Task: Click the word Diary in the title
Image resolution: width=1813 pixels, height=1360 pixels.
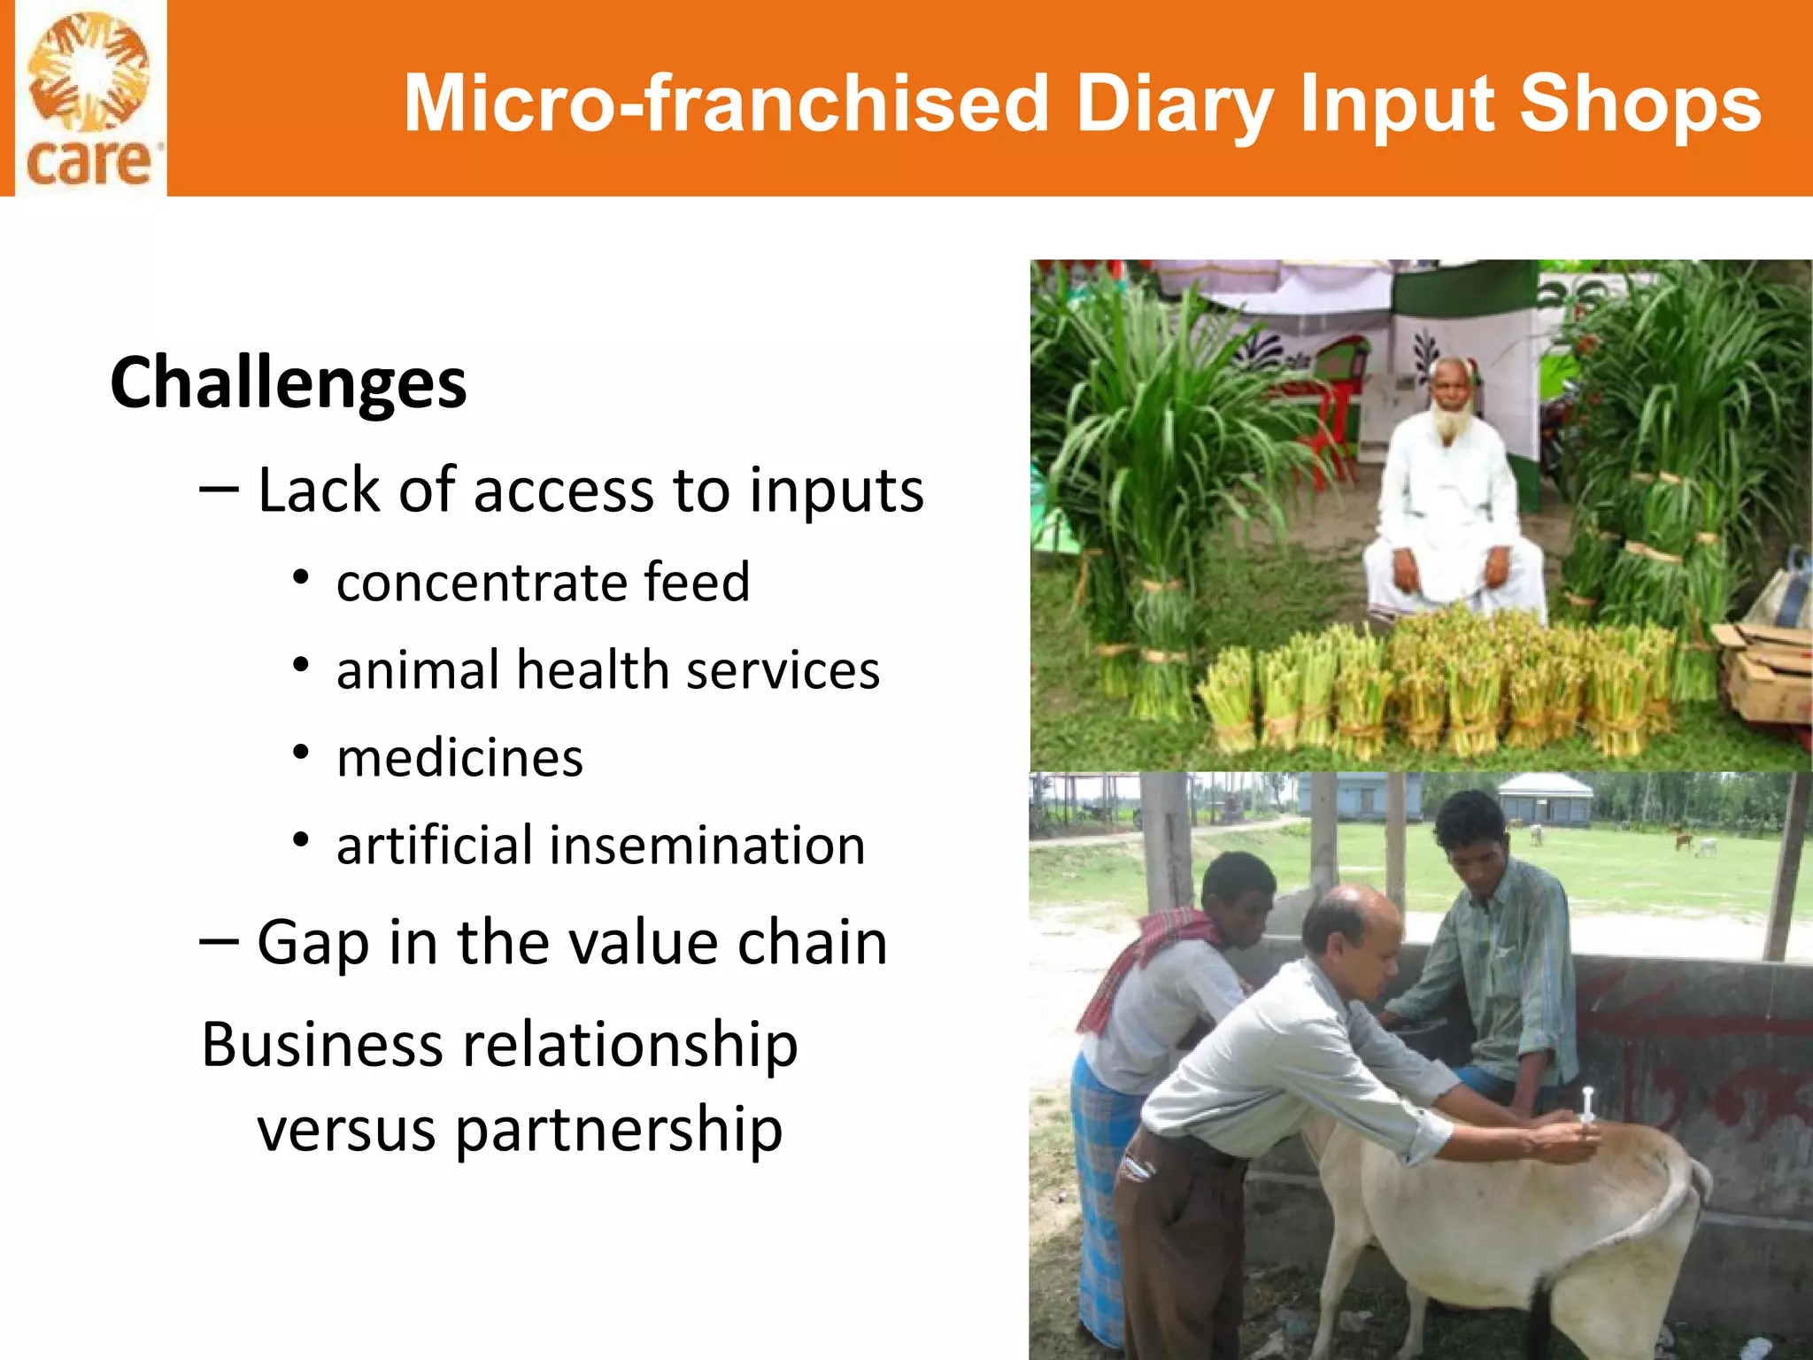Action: [x=1174, y=104]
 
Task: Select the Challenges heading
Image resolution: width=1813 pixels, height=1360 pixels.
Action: [x=288, y=383]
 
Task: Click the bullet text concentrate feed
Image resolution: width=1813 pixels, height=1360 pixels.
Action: [x=543, y=583]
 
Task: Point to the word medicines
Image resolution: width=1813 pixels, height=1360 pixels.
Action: [x=459, y=759]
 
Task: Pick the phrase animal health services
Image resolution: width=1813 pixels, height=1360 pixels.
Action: [x=608, y=670]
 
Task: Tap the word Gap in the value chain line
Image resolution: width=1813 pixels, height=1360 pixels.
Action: [x=312, y=944]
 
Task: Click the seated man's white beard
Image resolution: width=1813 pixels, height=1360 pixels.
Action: [x=1449, y=424]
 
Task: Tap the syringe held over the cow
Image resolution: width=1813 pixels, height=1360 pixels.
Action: [x=1587, y=1107]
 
